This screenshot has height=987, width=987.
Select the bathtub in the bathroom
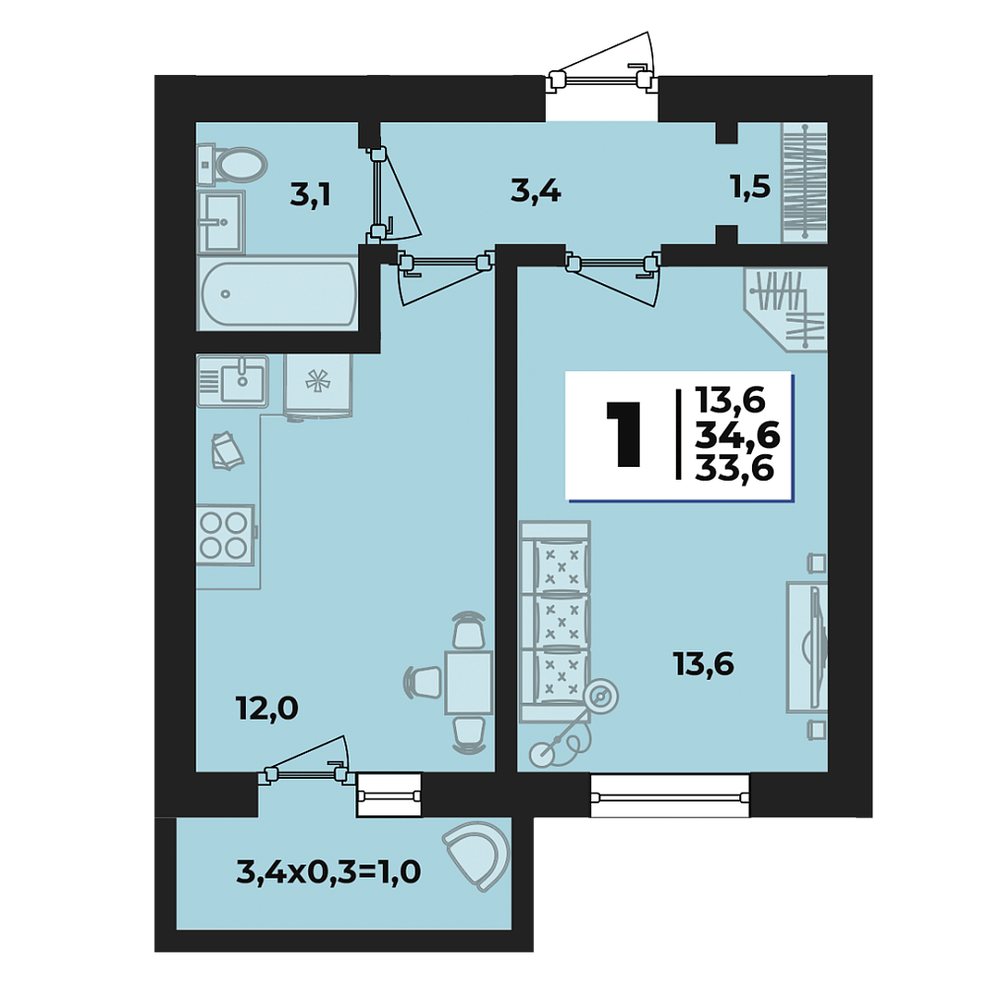[277, 293]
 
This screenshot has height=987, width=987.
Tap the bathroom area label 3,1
[310, 195]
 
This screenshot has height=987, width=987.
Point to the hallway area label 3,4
[536, 190]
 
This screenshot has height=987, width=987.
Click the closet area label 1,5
[750, 187]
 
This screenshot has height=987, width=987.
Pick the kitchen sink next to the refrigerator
[233, 381]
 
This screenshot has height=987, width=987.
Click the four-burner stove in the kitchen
[226, 535]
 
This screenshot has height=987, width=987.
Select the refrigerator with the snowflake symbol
[318, 385]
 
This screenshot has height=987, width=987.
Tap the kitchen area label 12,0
[266, 710]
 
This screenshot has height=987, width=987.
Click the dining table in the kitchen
[468, 684]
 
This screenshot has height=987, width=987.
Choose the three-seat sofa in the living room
[555, 621]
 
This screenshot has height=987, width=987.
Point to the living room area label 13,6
[703, 664]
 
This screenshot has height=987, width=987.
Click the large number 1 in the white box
[624, 434]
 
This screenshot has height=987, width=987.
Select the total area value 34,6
[737, 435]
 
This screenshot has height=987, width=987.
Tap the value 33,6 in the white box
[734, 468]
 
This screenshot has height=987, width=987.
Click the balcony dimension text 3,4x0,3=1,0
[329, 873]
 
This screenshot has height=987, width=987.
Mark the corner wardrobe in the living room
[785, 308]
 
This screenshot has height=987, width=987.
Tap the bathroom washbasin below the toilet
[220, 221]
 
